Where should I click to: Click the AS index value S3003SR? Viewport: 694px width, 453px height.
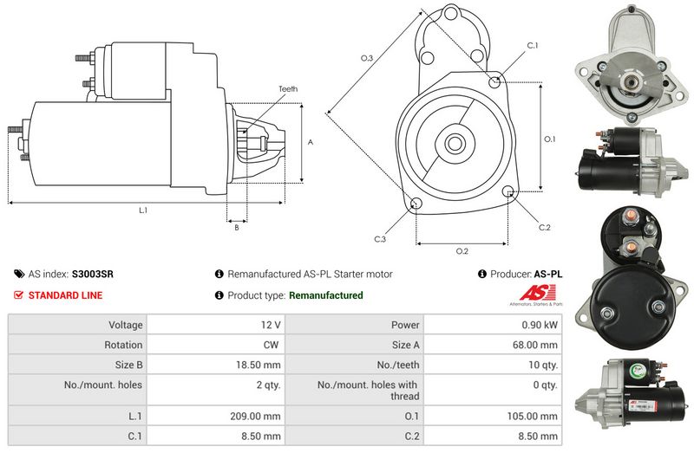click(x=93, y=274)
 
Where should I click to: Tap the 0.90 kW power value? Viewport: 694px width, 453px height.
click(x=539, y=325)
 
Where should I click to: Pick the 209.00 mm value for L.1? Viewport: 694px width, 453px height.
click(x=255, y=416)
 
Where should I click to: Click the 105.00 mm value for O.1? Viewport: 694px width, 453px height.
click(x=532, y=416)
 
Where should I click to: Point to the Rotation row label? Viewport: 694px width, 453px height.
click(x=123, y=345)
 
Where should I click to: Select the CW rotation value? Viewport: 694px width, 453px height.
click(x=271, y=345)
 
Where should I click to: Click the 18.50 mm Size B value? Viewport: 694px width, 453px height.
click(x=258, y=365)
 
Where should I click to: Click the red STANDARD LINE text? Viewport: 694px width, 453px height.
click(x=65, y=295)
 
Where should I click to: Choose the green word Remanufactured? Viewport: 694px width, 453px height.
click(x=326, y=295)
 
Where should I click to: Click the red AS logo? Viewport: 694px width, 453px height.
click(x=537, y=293)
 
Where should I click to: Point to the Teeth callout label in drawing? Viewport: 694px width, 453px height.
click(x=288, y=89)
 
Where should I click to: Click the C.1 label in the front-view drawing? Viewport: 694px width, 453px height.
click(x=533, y=46)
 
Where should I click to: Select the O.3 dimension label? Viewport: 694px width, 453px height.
click(x=367, y=58)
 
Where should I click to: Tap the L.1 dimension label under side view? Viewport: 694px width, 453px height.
click(x=143, y=210)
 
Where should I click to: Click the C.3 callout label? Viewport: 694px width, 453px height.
click(x=380, y=239)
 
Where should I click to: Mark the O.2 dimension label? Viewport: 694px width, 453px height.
click(x=462, y=251)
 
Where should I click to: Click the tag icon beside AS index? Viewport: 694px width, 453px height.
click(x=19, y=274)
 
